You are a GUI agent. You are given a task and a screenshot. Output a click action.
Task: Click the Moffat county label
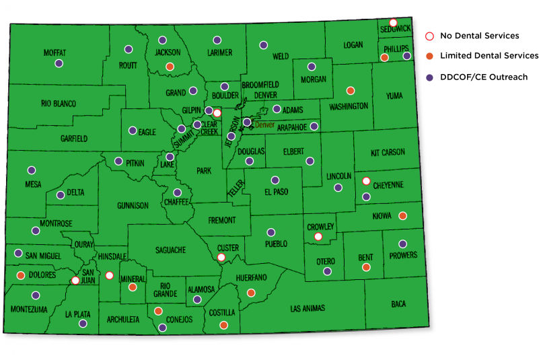click(55, 52)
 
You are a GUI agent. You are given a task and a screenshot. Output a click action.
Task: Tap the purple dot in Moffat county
click(59, 63)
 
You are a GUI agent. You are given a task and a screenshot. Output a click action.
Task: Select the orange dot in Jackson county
click(170, 66)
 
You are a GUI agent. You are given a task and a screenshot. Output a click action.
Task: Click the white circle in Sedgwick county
click(393, 23)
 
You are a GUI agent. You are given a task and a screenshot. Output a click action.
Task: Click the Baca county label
click(398, 304)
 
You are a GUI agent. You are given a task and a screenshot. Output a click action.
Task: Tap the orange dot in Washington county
click(350, 91)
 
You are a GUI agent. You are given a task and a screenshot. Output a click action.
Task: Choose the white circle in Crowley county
click(319, 236)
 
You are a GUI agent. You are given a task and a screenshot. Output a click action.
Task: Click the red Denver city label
click(264, 124)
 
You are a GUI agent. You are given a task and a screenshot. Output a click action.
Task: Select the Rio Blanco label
click(59, 104)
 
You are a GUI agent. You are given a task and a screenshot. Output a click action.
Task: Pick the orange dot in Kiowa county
click(402, 216)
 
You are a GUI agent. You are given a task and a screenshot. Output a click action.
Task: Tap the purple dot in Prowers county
click(402, 244)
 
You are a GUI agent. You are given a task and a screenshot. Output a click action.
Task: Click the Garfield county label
click(73, 139)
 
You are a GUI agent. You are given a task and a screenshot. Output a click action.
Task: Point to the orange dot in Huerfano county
click(251, 293)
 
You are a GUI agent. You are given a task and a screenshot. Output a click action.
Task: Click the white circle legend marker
click(429, 36)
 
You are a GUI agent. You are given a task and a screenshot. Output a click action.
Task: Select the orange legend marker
click(429, 56)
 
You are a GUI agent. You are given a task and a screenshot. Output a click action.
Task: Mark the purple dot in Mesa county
click(31, 170)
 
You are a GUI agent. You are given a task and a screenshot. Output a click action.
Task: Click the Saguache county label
click(170, 250)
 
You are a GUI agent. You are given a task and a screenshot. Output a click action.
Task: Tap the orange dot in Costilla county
click(223, 325)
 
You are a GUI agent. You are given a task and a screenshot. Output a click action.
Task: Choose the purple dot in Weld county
click(264, 45)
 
